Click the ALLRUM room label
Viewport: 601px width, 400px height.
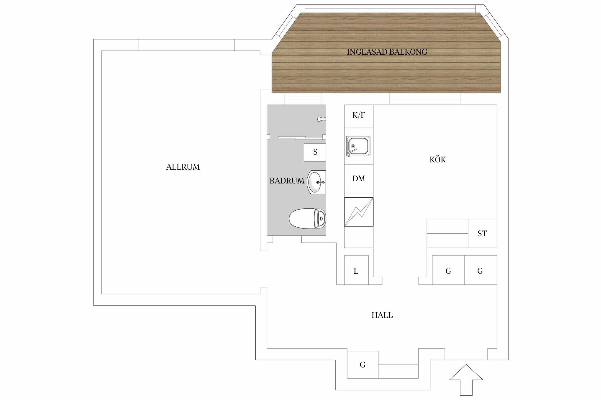(x=183, y=167)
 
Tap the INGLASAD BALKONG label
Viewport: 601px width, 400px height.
(x=387, y=52)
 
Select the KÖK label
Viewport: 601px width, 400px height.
(x=438, y=160)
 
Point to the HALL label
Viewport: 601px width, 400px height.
(x=382, y=315)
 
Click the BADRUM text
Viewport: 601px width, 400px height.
(x=287, y=181)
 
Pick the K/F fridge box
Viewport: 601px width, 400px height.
(x=358, y=116)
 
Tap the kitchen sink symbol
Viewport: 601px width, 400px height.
(x=358, y=146)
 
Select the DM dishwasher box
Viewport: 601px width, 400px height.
(x=358, y=179)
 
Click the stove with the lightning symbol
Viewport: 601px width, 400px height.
(x=358, y=212)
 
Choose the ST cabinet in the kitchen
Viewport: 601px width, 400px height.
(x=482, y=234)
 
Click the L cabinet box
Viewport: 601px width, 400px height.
(x=356, y=271)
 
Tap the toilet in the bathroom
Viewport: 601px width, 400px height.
(x=307, y=218)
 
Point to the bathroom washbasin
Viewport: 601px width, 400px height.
(x=316, y=182)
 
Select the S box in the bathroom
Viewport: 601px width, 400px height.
(x=315, y=152)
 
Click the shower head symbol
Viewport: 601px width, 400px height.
(x=321, y=119)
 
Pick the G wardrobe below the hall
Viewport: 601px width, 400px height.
(x=362, y=365)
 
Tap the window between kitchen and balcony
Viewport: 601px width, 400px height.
(x=425, y=99)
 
